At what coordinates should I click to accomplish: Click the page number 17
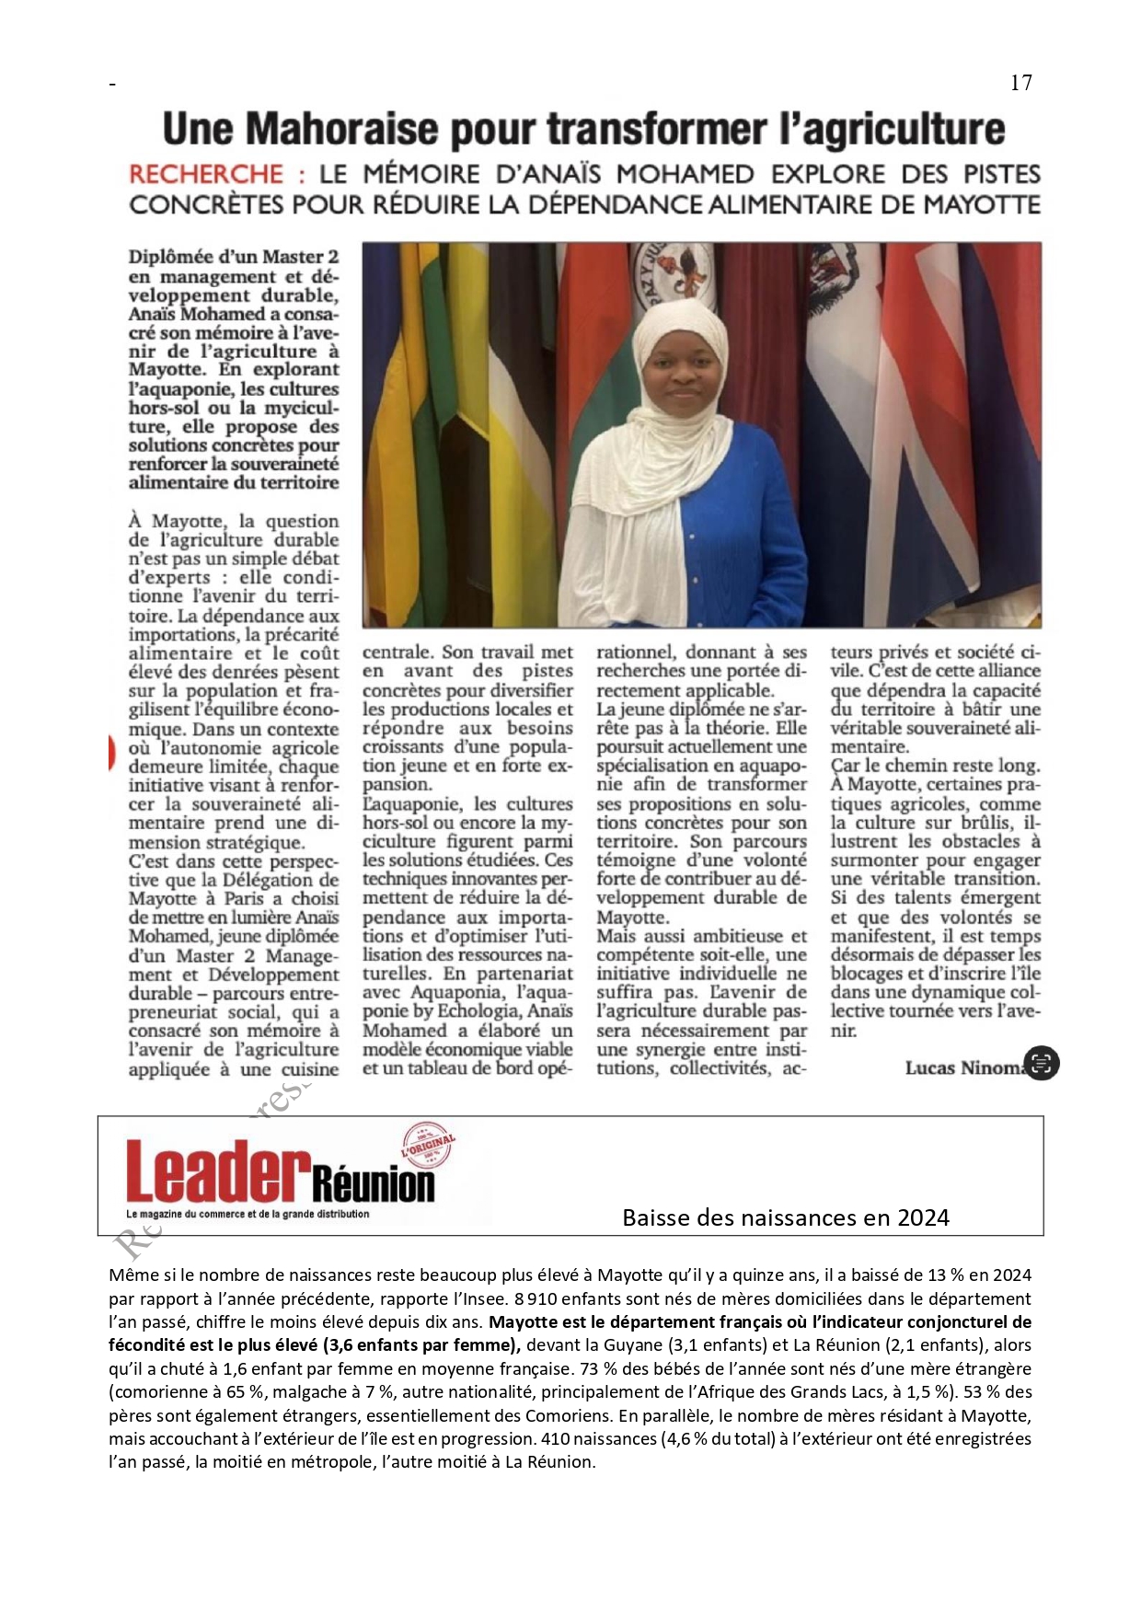pos(1020,83)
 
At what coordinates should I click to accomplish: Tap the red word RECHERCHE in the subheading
pos(206,174)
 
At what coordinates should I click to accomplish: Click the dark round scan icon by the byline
pos(1041,1063)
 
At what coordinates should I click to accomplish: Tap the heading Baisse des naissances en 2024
pos(785,1217)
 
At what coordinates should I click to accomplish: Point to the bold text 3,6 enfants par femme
pos(420,1344)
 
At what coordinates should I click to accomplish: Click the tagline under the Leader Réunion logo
pos(248,1214)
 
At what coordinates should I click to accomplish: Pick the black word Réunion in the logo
pos(373,1183)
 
